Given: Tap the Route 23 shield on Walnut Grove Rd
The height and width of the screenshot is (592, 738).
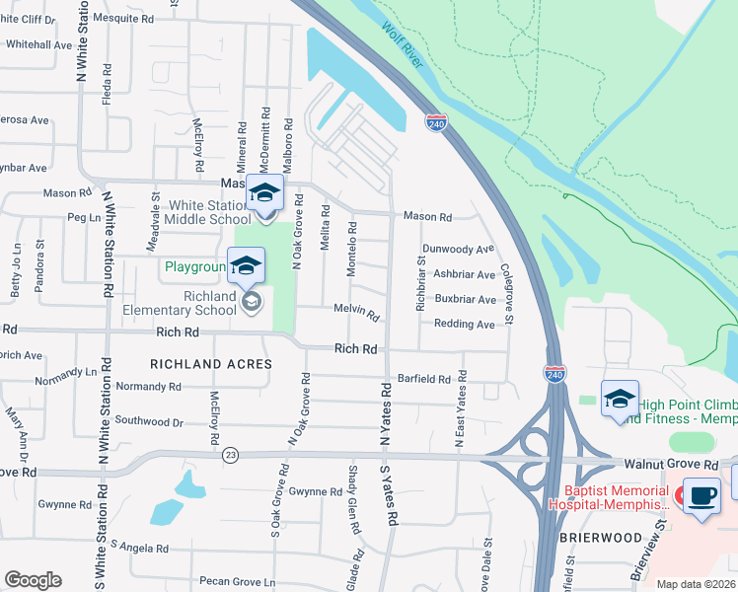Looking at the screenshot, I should coord(230,454).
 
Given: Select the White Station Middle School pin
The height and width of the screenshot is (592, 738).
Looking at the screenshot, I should coord(264,194).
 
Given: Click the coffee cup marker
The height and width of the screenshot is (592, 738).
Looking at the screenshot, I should coord(701,496).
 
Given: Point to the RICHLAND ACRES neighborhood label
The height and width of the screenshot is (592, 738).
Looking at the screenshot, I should coord(210,364).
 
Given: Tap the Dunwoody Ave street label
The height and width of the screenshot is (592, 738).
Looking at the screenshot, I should coord(458,250).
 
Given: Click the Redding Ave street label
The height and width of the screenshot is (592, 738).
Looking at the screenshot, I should coord(464,324).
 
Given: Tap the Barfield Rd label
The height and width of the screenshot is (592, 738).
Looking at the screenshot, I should coord(423,378).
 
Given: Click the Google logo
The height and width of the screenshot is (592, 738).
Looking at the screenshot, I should coord(33,579).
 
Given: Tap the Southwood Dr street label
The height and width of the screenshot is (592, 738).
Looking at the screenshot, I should coord(149,421).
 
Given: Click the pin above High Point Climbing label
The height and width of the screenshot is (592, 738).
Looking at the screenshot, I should coord(620,400).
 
